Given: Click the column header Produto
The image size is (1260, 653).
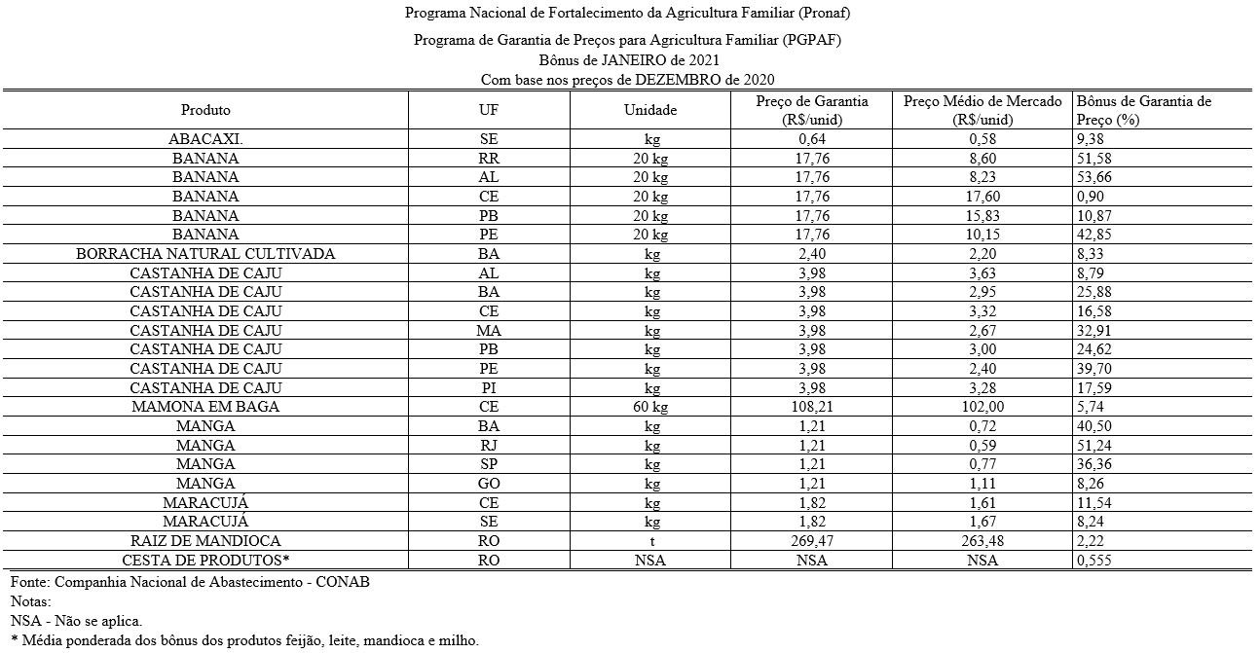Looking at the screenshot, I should pos(205,110).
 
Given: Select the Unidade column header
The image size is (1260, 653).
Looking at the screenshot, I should pos(649,110).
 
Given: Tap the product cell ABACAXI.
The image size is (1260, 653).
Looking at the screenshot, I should pos(205,139).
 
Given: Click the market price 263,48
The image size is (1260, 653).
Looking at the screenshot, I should pos(983,541).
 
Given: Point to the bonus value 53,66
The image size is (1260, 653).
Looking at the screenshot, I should pos(1094,177).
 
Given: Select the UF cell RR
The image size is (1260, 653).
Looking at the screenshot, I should pos(489,158).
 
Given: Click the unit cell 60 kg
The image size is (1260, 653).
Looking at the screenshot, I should pos(649,407).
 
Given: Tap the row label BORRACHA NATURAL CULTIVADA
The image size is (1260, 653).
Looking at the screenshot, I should pos(205,254).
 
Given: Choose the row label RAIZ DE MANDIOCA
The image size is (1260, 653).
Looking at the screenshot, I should pos(205,541).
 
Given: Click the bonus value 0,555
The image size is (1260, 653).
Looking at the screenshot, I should pos(1094,561).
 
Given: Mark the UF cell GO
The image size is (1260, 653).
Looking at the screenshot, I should pos(489,484).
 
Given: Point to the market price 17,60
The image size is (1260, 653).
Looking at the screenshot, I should pos(983,197).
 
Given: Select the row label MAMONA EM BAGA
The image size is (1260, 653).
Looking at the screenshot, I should pos(205,407).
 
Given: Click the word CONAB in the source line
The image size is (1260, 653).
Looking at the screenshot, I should pos(346,581).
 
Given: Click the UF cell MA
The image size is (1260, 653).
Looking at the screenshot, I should pos(489,331).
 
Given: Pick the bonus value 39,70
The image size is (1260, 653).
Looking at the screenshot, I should pos(1094,369).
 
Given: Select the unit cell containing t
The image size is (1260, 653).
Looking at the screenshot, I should pos(649,541).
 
